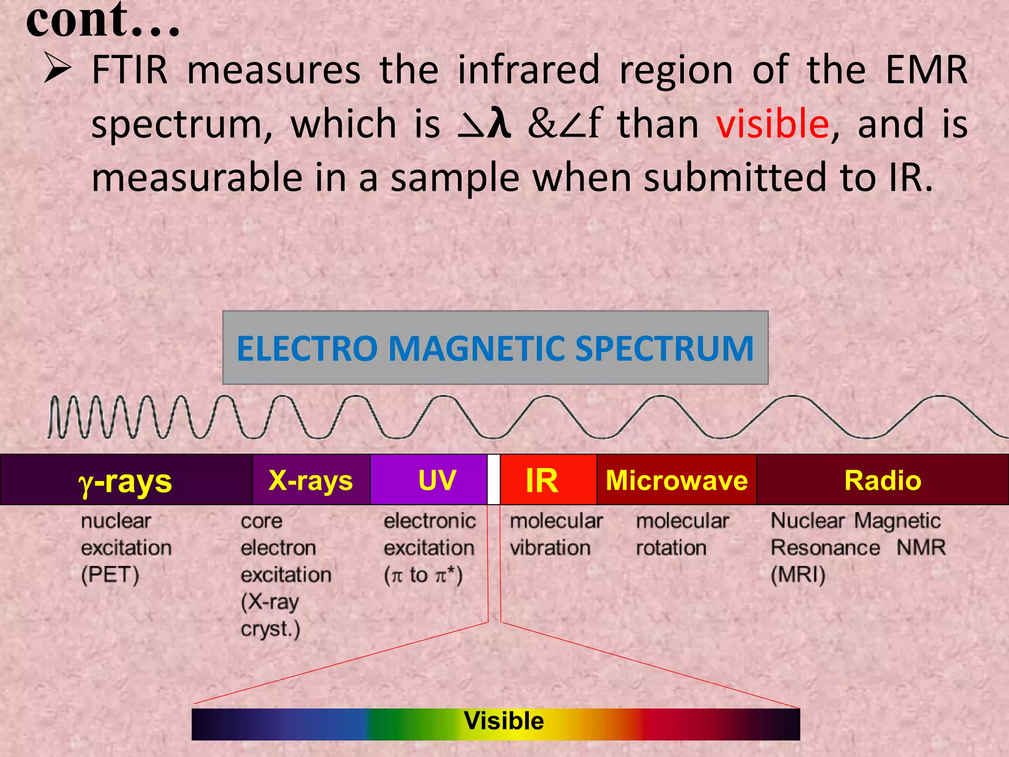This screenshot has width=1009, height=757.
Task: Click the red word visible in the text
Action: point(772,124)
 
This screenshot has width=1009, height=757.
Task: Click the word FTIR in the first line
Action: point(130,70)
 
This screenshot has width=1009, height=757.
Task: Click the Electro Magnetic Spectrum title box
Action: point(495,348)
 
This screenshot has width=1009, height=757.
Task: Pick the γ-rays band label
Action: point(126,481)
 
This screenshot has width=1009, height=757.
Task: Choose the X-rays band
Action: point(310,480)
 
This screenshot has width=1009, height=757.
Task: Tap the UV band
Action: point(437,480)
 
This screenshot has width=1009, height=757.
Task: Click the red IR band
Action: point(542,480)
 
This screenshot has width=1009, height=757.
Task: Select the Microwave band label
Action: point(676,480)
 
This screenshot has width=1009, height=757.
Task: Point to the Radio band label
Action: point(882,480)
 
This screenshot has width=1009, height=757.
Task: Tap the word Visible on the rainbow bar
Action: point(504,721)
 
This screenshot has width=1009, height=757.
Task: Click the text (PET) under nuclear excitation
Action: point(110,575)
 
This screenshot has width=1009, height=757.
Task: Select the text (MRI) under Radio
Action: point(798,575)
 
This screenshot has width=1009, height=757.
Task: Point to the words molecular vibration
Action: point(555,535)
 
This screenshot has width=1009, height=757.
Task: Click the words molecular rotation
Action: point(682,535)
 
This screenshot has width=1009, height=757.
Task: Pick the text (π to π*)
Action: point(423,575)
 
